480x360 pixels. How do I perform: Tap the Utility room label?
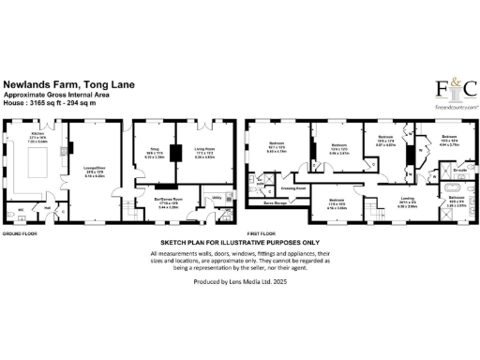[x=216, y=199]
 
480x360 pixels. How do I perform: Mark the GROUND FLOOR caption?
[x=18, y=232]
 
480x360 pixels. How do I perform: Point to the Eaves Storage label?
[x=275, y=202]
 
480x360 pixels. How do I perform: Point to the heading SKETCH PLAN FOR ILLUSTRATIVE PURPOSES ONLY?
[x=241, y=243]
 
